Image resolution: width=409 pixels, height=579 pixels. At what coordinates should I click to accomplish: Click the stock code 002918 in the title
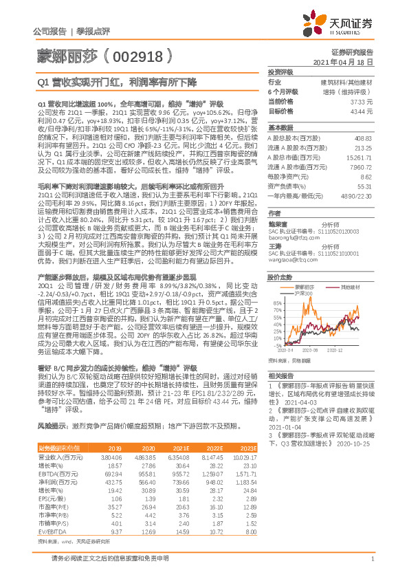pyautogui.click(x=135, y=52)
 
